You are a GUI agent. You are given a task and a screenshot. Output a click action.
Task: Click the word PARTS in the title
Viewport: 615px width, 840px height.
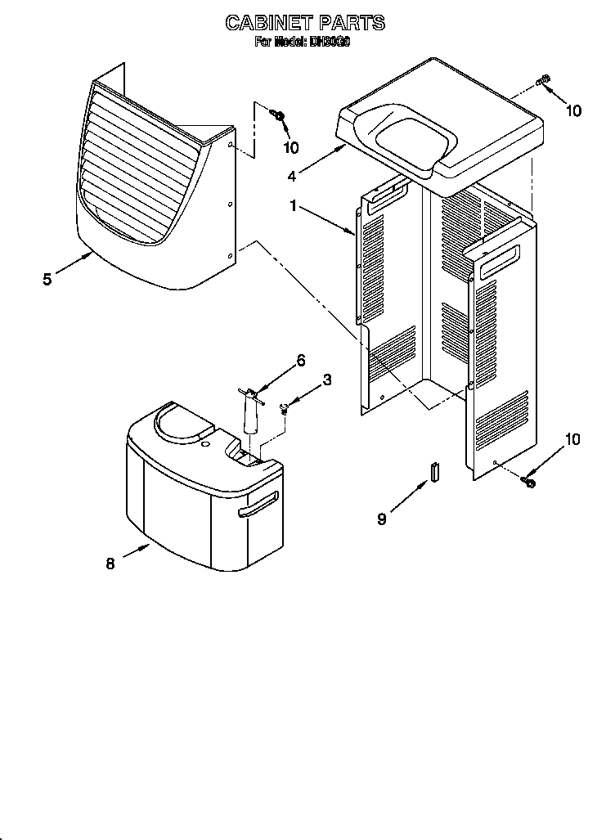(x=352, y=23)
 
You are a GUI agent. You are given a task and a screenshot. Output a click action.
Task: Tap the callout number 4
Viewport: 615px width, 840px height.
(x=293, y=173)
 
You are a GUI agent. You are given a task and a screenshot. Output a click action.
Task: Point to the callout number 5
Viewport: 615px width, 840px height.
(x=47, y=280)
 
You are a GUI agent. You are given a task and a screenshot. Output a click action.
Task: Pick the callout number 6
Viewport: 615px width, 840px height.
(x=301, y=361)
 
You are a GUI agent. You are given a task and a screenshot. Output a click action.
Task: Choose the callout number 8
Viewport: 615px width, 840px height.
(x=111, y=563)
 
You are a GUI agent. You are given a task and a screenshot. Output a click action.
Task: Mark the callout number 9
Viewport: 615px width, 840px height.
(x=382, y=519)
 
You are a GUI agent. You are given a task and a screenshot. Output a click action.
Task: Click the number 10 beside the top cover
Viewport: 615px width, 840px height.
(x=574, y=110)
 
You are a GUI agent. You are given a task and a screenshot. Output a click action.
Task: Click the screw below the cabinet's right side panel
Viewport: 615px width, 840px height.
(x=528, y=483)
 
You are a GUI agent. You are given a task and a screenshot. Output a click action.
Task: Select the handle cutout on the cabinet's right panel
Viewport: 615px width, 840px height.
(x=498, y=261)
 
